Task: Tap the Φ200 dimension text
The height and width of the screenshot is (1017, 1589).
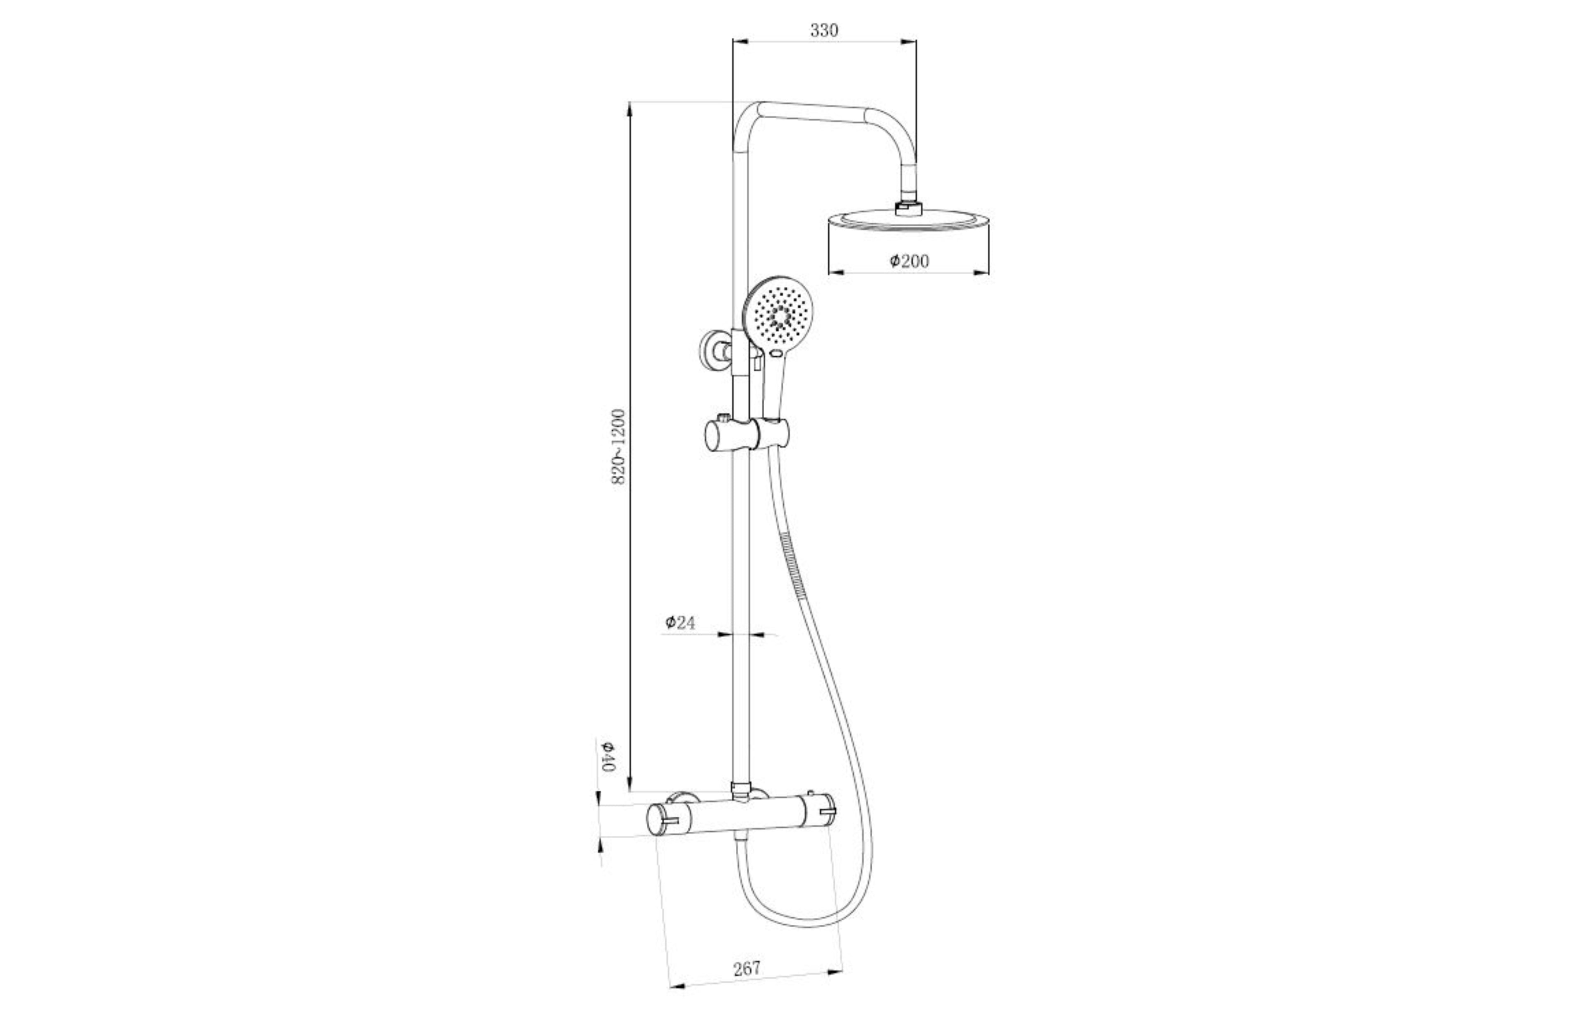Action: point(910,261)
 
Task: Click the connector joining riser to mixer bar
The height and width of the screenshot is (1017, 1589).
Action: point(742,789)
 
